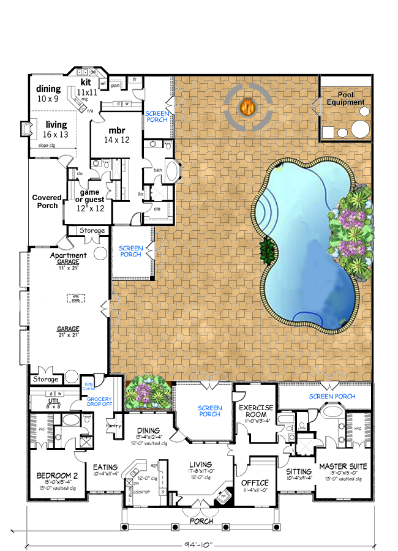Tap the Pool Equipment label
(x=342, y=99)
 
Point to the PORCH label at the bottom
(x=201, y=521)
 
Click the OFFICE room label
(x=255, y=483)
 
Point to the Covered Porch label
(x=47, y=201)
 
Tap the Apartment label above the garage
(x=68, y=255)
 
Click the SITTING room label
(x=299, y=471)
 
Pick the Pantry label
(x=114, y=425)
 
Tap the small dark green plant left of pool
(x=267, y=250)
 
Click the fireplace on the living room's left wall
(x=25, y=129)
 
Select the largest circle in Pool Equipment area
(x=360, y=130)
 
